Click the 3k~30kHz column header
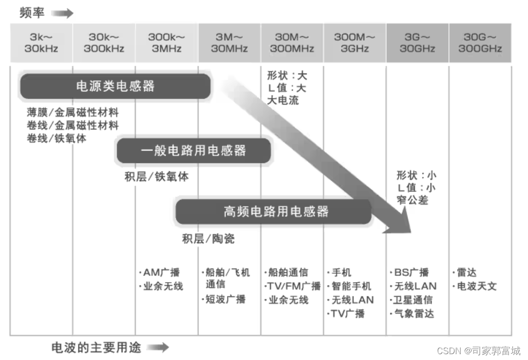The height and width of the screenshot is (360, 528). [x=41, y=43]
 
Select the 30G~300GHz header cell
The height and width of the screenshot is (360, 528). [x=480, y=43]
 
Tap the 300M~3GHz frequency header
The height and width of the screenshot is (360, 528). [x=355, y=43]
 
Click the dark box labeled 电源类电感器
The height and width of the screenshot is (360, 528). [x=115, y=87]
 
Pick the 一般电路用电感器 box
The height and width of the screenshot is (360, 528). [x=193, y=151]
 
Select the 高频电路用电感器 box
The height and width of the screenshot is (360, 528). [x=273, y=211]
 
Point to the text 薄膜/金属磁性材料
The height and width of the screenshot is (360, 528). [x=73, y=113]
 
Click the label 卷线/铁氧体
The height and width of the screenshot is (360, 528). [x=57, y=138]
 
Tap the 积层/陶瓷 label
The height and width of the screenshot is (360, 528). [x=208, y=239]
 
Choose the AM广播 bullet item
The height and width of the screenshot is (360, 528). [x=160, y=272]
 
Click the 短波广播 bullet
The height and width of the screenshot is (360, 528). [x=225, y=299]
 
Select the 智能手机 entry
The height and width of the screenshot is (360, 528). [x=350, y=286]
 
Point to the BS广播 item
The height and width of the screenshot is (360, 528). [x=411, y=272]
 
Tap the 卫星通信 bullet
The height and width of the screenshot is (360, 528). [x=413, y=300]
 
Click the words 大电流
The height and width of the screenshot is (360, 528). [x=283, y=100]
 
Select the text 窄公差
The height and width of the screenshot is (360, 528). [x=413, y=199]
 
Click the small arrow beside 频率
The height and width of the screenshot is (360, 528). [x=62, y=13]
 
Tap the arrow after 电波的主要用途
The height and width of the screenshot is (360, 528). [x=158, y=347]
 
